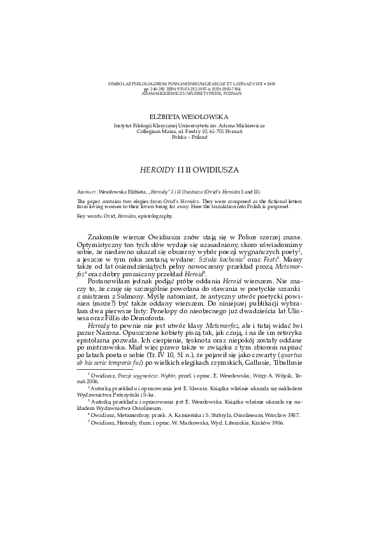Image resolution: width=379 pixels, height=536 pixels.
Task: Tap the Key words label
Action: point(88,216)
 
